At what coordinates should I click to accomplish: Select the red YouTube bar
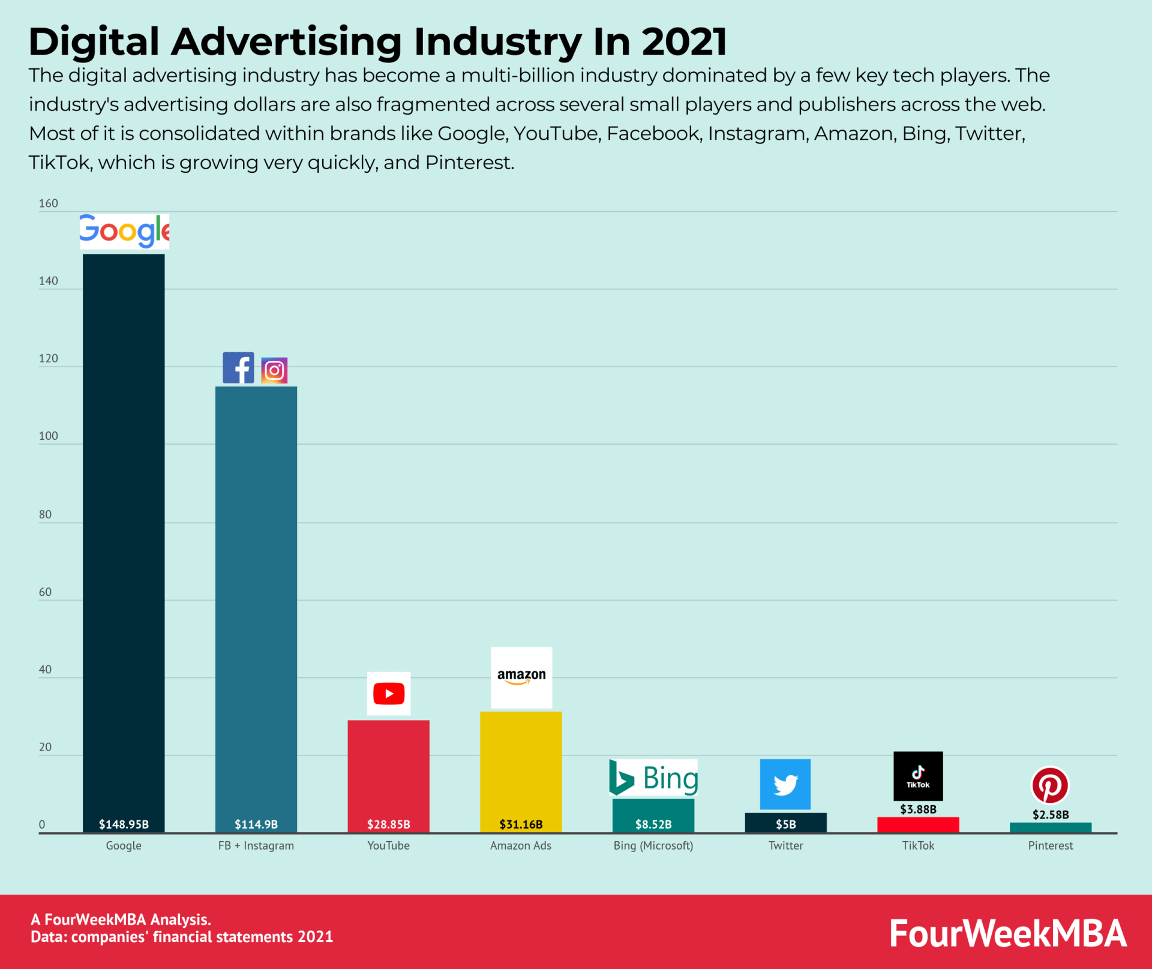point(388,774)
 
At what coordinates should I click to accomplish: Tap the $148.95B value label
point(124,824)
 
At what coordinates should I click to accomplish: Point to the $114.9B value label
point(256,824)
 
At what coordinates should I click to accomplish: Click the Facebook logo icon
point(238,368)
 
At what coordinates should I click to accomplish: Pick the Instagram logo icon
point(274,370)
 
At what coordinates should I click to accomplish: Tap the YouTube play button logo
point(389,694)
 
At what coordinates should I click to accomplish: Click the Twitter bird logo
point(785,784)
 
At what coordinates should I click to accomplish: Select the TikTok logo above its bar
point(918,776)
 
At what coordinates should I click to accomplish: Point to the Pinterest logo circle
point(1050,785)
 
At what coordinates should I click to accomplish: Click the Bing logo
point(653,778)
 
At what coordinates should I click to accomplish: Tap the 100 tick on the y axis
point(48,436)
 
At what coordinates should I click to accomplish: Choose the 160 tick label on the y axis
point(48,203)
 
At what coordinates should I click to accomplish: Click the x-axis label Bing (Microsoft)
point(653,845)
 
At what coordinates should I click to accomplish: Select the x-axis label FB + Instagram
point(256,845)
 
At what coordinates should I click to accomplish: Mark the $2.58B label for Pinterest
point(1051,815)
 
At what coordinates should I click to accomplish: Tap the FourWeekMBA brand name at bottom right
point(1008,934)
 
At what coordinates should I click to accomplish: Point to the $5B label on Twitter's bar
point(786,824)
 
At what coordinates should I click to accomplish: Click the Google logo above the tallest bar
point(124,231)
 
